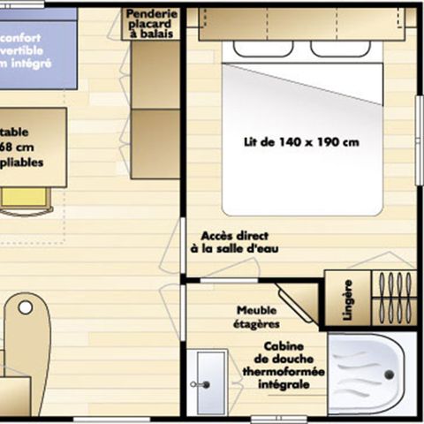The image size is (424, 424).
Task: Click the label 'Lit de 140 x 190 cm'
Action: [x=300, y=141]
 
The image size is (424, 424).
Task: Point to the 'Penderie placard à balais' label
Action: [x=151, y=25]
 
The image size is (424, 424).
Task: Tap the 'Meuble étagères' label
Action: [x=257, y=317]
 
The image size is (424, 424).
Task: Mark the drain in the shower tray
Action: [x=387, y=375]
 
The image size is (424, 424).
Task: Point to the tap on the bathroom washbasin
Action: [x=205, y=385]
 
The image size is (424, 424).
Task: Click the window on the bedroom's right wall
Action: [x=419, y=127]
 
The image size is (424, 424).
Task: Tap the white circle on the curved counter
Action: [x=26, y=307]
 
